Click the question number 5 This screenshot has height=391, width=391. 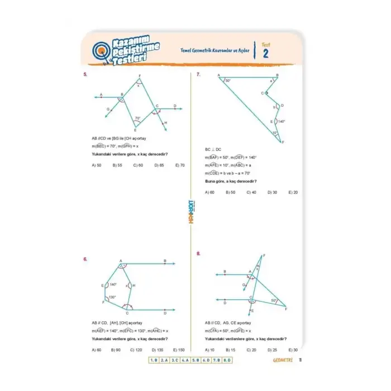[85, 74]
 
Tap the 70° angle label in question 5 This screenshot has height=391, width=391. [137, 118]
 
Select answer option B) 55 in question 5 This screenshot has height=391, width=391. [117, 165]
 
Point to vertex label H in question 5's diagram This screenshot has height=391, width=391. [166, 122]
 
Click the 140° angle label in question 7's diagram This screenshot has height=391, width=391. [281, 121]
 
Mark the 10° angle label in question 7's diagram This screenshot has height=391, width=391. [275, 133]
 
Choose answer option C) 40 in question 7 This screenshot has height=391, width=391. [251, 192]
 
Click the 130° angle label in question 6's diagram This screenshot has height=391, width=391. [112, 297]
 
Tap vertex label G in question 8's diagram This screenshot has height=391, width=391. [244, 284]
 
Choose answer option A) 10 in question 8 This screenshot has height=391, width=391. [209, 350]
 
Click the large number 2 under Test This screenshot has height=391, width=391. [265, 53]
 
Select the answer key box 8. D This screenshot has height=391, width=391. [226, 360]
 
